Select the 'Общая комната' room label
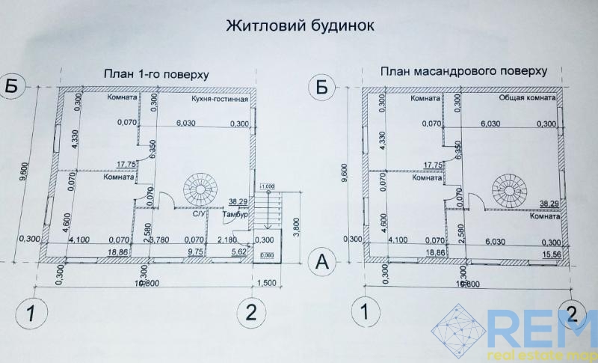[x=526, y=98]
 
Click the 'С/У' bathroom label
[x=200, y=214]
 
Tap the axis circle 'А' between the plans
[x=322, y=262]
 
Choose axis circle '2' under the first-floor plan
[x=252, y=312]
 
